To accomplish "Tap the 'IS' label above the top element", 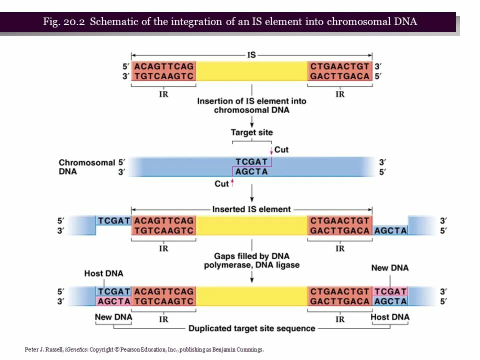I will [251, 54].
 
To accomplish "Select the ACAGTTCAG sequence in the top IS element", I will [164, 66].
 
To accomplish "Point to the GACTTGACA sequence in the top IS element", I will [340, 76].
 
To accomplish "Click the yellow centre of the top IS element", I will [251, 71].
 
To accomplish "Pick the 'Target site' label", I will [251, 132].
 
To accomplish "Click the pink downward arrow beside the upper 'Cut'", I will [271, 150].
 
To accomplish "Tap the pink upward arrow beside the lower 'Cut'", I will [232, 183].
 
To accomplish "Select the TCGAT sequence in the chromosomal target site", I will [251, 161].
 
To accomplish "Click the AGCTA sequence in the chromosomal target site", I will [251, 171].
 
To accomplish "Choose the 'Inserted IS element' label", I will [251, 209].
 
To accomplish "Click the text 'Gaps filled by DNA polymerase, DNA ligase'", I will [251, 260].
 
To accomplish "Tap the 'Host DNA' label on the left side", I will [103, 273].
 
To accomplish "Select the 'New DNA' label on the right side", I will [389, 268].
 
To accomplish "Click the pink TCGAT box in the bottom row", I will [390, 291].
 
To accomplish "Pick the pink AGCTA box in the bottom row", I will [113, 301].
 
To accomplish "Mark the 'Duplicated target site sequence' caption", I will [251, 328].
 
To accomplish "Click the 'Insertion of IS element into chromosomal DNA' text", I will [251, 105].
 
